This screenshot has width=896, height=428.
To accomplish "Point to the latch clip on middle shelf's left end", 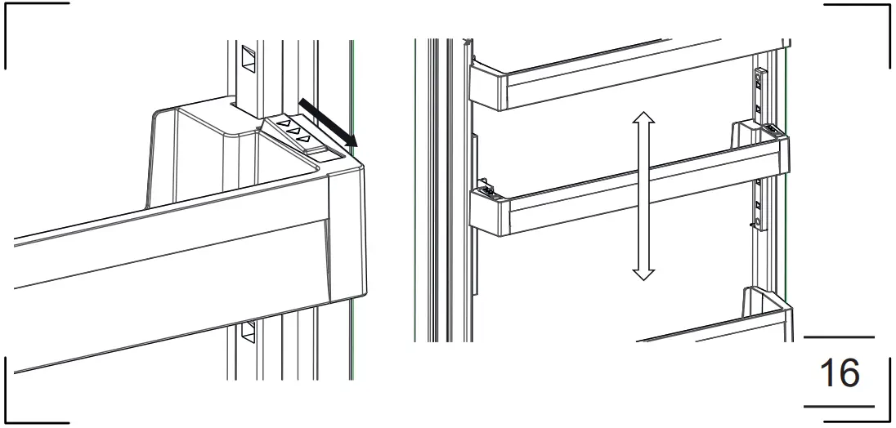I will pos(486,189).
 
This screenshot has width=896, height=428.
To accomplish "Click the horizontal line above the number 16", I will pos(839,337).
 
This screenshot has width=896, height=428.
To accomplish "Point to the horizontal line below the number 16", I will pos(839,406).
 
